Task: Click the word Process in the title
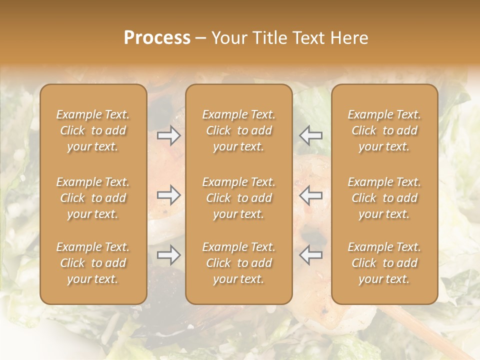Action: click(x=157, y=38)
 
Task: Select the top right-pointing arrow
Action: click(x=169, y=135)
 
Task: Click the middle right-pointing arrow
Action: click(x=169, y=195)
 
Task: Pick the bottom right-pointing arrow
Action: click(x=169, y=255)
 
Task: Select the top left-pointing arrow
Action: click(x=310, y=135)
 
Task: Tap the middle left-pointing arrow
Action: click(x=310, y=195)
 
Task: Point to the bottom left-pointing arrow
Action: click(x=310, y=255)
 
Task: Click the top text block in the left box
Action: click(x=93, y=130)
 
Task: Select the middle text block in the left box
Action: click(x=93, y=198)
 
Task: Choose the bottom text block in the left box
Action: click(x=93, y=263)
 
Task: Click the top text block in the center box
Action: click(x=239, y=130)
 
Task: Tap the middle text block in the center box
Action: click(x=239, y=198)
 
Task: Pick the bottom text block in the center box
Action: click(x=239, y=263)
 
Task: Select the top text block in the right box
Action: click(x=384, y=130)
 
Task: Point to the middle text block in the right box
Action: click(x=384, y=198)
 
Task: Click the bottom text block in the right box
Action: click(x=384, y=263)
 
